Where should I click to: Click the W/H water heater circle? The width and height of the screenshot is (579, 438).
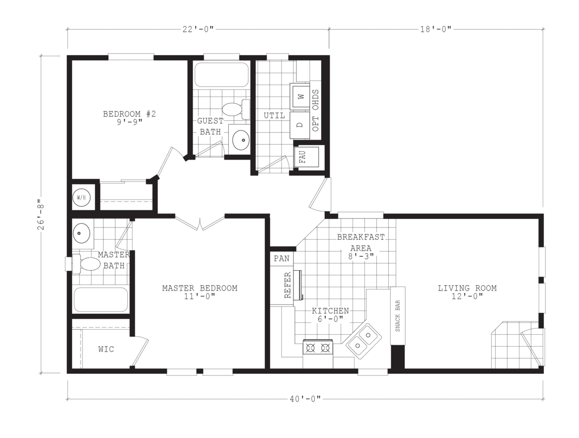(81, 197)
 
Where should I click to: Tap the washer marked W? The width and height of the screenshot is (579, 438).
(300, 96)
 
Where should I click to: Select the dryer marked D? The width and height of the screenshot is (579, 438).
(300, 125)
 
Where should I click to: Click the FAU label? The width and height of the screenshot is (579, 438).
(303, 156)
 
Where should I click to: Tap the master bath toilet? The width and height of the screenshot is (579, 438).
(86, 264)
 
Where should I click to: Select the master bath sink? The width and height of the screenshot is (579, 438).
(81, 233)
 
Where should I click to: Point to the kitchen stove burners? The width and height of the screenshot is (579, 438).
(318, 348)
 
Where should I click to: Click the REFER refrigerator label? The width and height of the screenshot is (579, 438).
(288, 285)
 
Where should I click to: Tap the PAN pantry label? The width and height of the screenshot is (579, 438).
(282, 259)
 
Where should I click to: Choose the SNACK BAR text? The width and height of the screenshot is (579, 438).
(398, 315)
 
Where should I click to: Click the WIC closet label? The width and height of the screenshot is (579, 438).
(106, 349)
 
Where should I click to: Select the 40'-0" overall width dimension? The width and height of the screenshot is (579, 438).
(305, 399)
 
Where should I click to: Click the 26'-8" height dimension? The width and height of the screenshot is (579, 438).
(41, 215)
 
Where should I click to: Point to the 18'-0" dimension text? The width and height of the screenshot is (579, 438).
(435, 29)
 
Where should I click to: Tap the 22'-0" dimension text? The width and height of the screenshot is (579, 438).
(198, 29)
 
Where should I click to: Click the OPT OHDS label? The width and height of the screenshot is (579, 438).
(316, 110)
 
